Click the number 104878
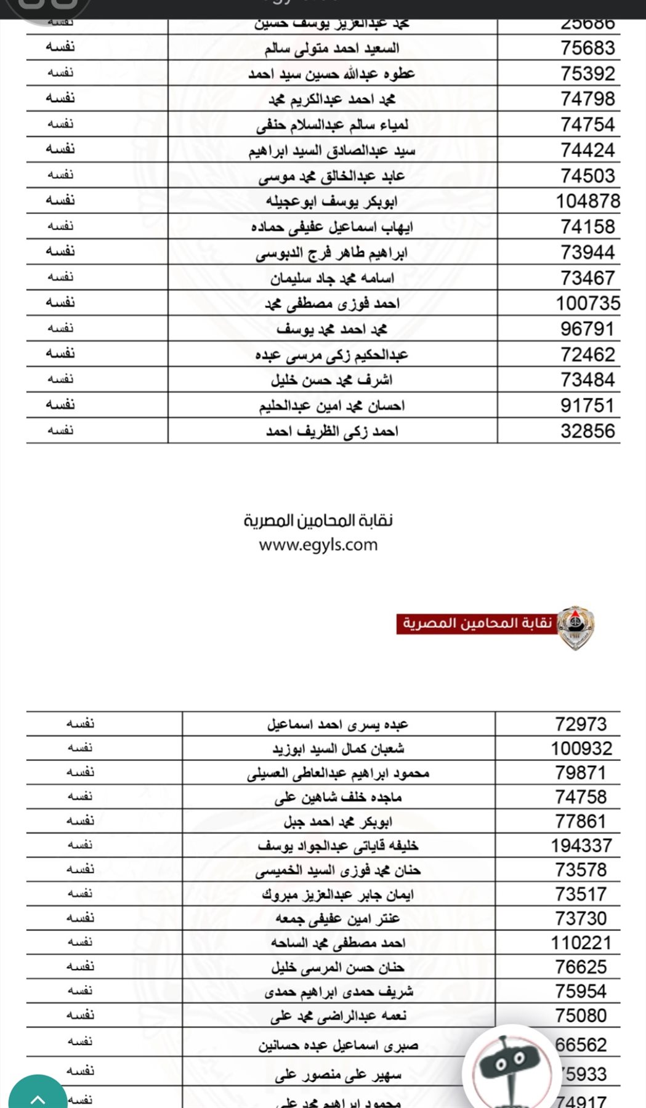pos(587,201)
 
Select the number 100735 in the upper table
pos(587,303)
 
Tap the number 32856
pos(587,432)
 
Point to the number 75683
pos(587,48)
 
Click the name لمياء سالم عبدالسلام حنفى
pos(332,125)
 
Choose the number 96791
pos(587,329)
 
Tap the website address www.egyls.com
pos(318,545)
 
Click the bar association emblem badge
pos(576,627)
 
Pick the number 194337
pos(581,846)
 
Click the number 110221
pos(581,943)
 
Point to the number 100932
pos(581,749)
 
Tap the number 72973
pos(581,725)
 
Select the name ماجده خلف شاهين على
pos(338,798)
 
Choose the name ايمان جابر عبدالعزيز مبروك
pos(338,895)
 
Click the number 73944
pos(587,252)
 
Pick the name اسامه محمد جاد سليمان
pos(332,278)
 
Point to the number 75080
pos(581,1016)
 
